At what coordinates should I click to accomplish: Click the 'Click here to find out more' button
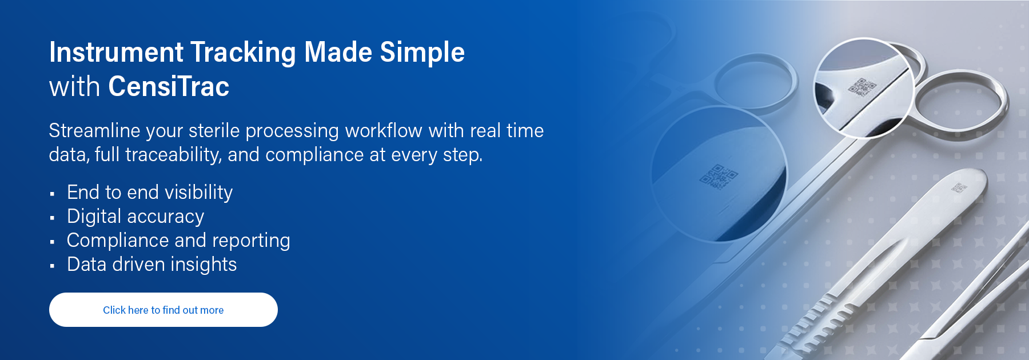tap(163, 310)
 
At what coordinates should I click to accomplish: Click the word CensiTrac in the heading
tap(169, 87)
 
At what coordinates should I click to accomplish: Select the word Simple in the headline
tap(422, 53)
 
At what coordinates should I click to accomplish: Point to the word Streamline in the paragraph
tap(94, 130)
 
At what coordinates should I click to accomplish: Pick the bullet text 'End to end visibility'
tap(150, 193)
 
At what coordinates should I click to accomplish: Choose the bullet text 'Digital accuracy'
tap(135, 217)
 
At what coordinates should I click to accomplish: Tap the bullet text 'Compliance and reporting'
tap(178, 241)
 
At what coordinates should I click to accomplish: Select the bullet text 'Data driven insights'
tap(151, 265)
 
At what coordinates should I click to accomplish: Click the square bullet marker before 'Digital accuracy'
tap(52, 218)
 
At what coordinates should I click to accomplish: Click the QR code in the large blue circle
tap(718, 177)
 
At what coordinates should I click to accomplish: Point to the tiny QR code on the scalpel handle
tap(959, 187)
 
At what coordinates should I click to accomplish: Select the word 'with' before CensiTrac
tap(75, 87)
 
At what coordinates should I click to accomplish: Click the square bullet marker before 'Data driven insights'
tap(52, 266)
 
